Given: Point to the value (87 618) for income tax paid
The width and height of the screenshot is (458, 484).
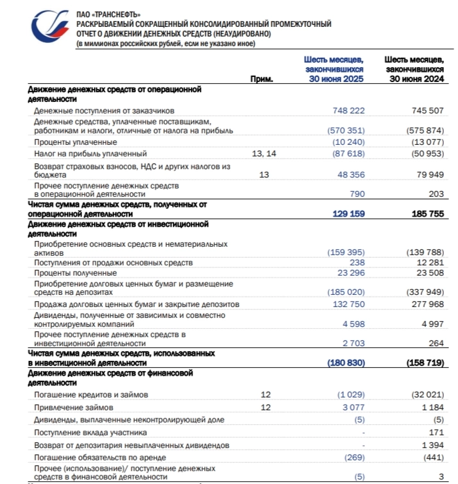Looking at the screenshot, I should [x=346, y=154].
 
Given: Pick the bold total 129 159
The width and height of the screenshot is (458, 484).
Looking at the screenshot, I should [x=348, y=214].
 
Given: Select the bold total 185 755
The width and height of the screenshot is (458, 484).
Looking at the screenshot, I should [x=427, y=214].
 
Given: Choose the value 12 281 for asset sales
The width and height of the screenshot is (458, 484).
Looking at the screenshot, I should [x=430, y=263].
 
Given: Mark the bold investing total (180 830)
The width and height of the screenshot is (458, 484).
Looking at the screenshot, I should [x=346, y=363].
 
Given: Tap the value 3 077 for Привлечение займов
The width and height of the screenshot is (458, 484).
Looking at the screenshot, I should [x=354, y=407].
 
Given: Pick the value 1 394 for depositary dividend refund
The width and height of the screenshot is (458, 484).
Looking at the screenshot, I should [x=433, y=445].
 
